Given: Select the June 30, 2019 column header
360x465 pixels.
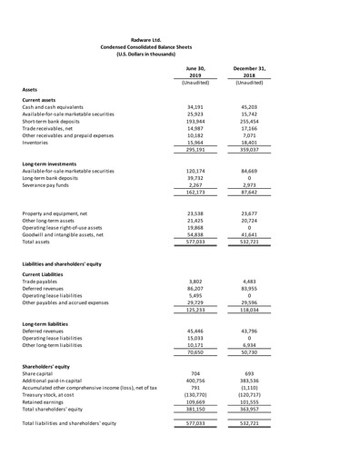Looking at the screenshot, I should (195, 72).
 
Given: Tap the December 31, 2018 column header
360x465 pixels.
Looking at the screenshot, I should (249, 72).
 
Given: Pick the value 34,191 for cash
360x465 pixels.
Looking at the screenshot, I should (195, 107).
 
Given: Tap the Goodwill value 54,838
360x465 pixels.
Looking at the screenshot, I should (195, 234).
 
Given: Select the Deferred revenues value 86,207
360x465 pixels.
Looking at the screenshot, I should (195, 290).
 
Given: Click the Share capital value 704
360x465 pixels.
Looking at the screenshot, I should (195, 373).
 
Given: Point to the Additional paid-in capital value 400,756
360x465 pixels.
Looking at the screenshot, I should (195, 381).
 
